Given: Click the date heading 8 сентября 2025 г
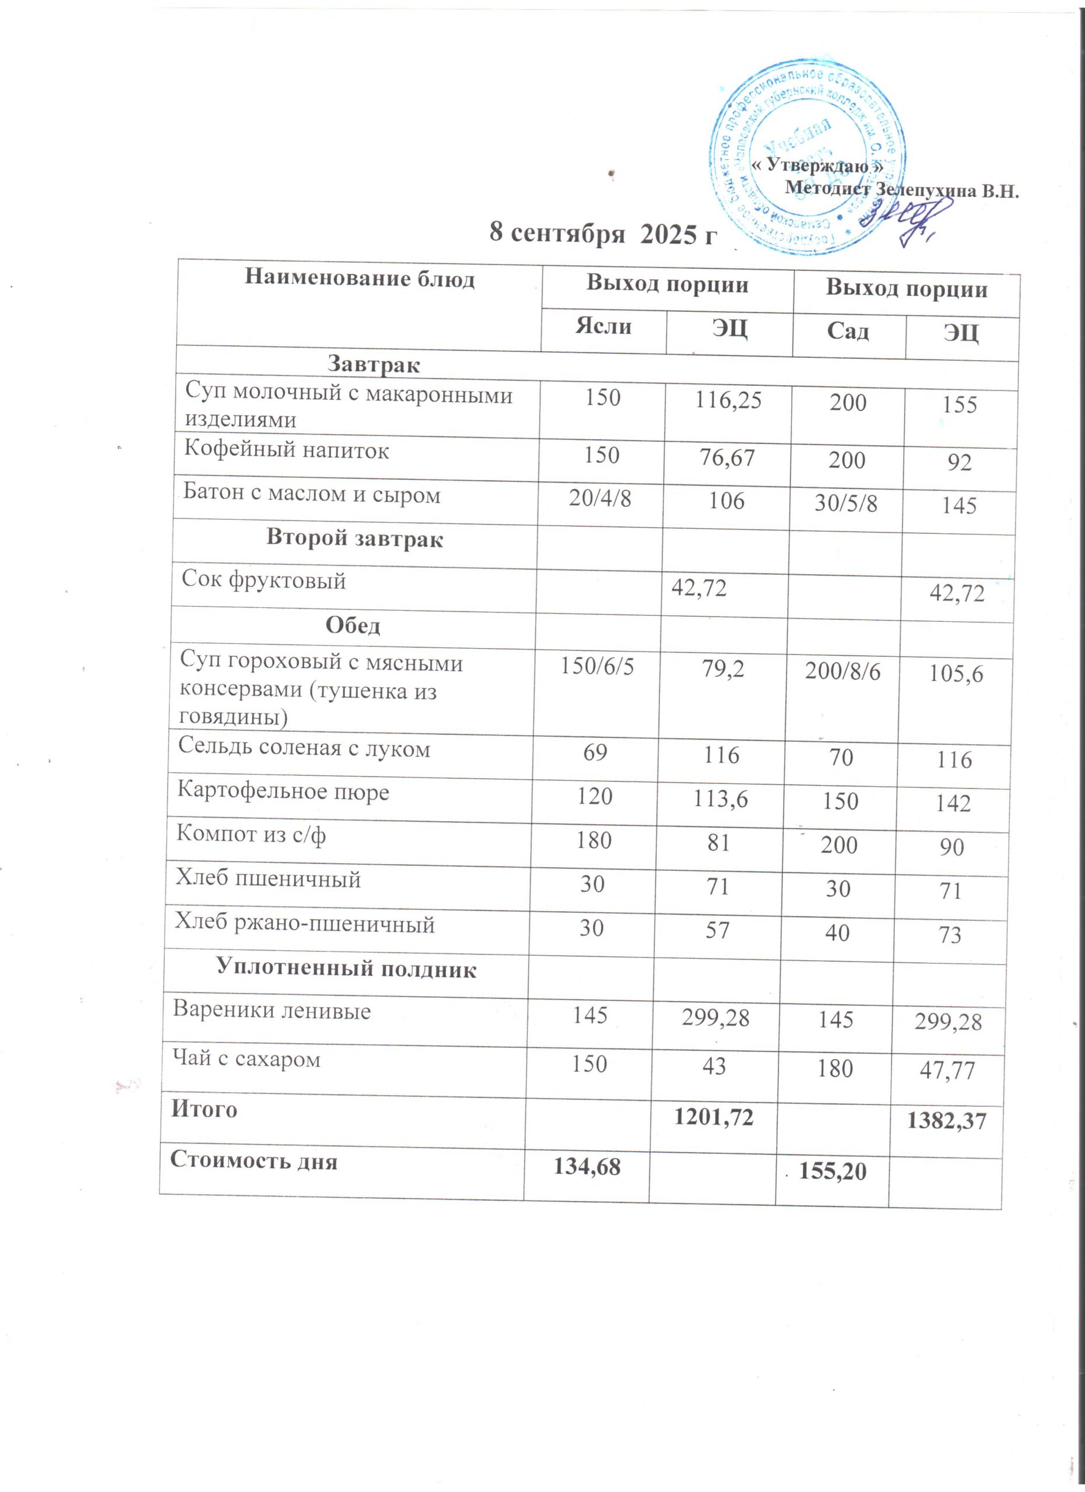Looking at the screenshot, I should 602,234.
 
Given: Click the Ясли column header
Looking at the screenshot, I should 603,326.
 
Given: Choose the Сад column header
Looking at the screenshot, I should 848,330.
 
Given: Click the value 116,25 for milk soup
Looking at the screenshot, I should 728,399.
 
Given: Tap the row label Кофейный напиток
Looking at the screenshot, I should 286,451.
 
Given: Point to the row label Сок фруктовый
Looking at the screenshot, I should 264,580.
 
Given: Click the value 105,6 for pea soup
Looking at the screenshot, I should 956,673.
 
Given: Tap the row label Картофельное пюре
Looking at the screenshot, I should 283,791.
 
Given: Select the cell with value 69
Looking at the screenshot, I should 595,752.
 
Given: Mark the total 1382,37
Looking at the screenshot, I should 947,1121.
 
